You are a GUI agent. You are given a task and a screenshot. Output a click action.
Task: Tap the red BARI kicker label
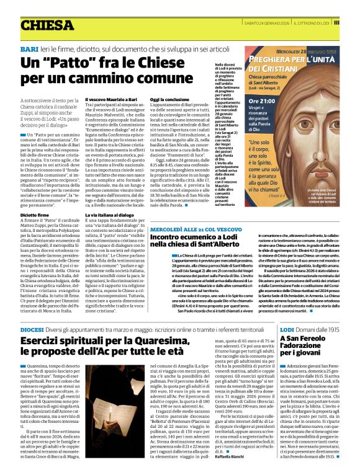tap(29, 48)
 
